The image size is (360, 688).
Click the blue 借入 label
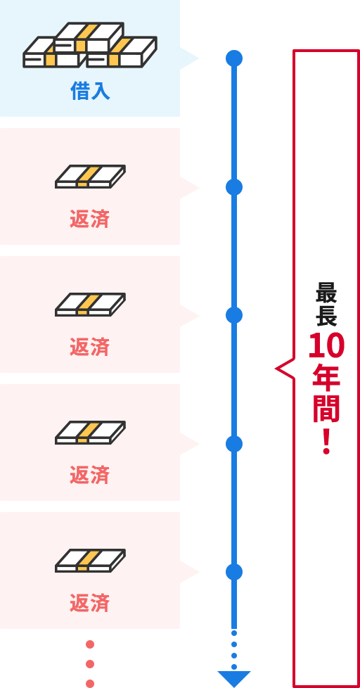90,91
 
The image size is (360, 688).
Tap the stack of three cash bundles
90,45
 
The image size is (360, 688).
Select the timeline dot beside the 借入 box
233,58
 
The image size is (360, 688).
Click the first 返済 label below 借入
89,219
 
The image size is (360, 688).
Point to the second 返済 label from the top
89,347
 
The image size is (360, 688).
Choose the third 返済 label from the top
89,475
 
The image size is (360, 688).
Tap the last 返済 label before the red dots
89,604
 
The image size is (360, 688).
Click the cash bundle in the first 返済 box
90,177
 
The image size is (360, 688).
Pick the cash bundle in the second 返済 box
90,305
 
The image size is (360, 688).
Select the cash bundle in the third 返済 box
90,433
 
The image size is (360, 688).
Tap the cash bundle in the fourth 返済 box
90,561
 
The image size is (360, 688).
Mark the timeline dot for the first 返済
233,187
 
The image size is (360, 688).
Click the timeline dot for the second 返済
233,315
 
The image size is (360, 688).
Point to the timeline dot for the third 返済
233,444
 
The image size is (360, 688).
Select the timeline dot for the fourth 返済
233,572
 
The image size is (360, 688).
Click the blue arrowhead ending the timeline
234,678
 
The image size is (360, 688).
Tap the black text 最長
326,304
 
